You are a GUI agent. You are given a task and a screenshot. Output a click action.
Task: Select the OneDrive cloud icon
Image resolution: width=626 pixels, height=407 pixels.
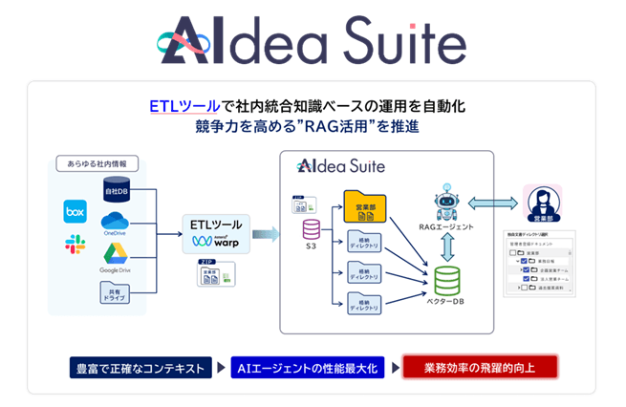pyautogui.click(x=113, y=222)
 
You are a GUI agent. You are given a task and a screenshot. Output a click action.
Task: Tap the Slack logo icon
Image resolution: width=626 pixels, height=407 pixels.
pyautogui.click(x=75, y=245)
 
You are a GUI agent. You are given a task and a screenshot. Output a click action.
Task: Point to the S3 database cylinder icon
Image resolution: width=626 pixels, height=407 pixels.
pyautogui.click(x=312, y=229)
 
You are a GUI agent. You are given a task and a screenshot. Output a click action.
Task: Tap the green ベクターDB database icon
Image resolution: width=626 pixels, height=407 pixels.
pyautogui.click(x=446, y=279)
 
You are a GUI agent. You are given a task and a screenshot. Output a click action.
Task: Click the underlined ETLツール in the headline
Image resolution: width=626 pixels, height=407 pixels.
pyautogui.click(x=182, y=104)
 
